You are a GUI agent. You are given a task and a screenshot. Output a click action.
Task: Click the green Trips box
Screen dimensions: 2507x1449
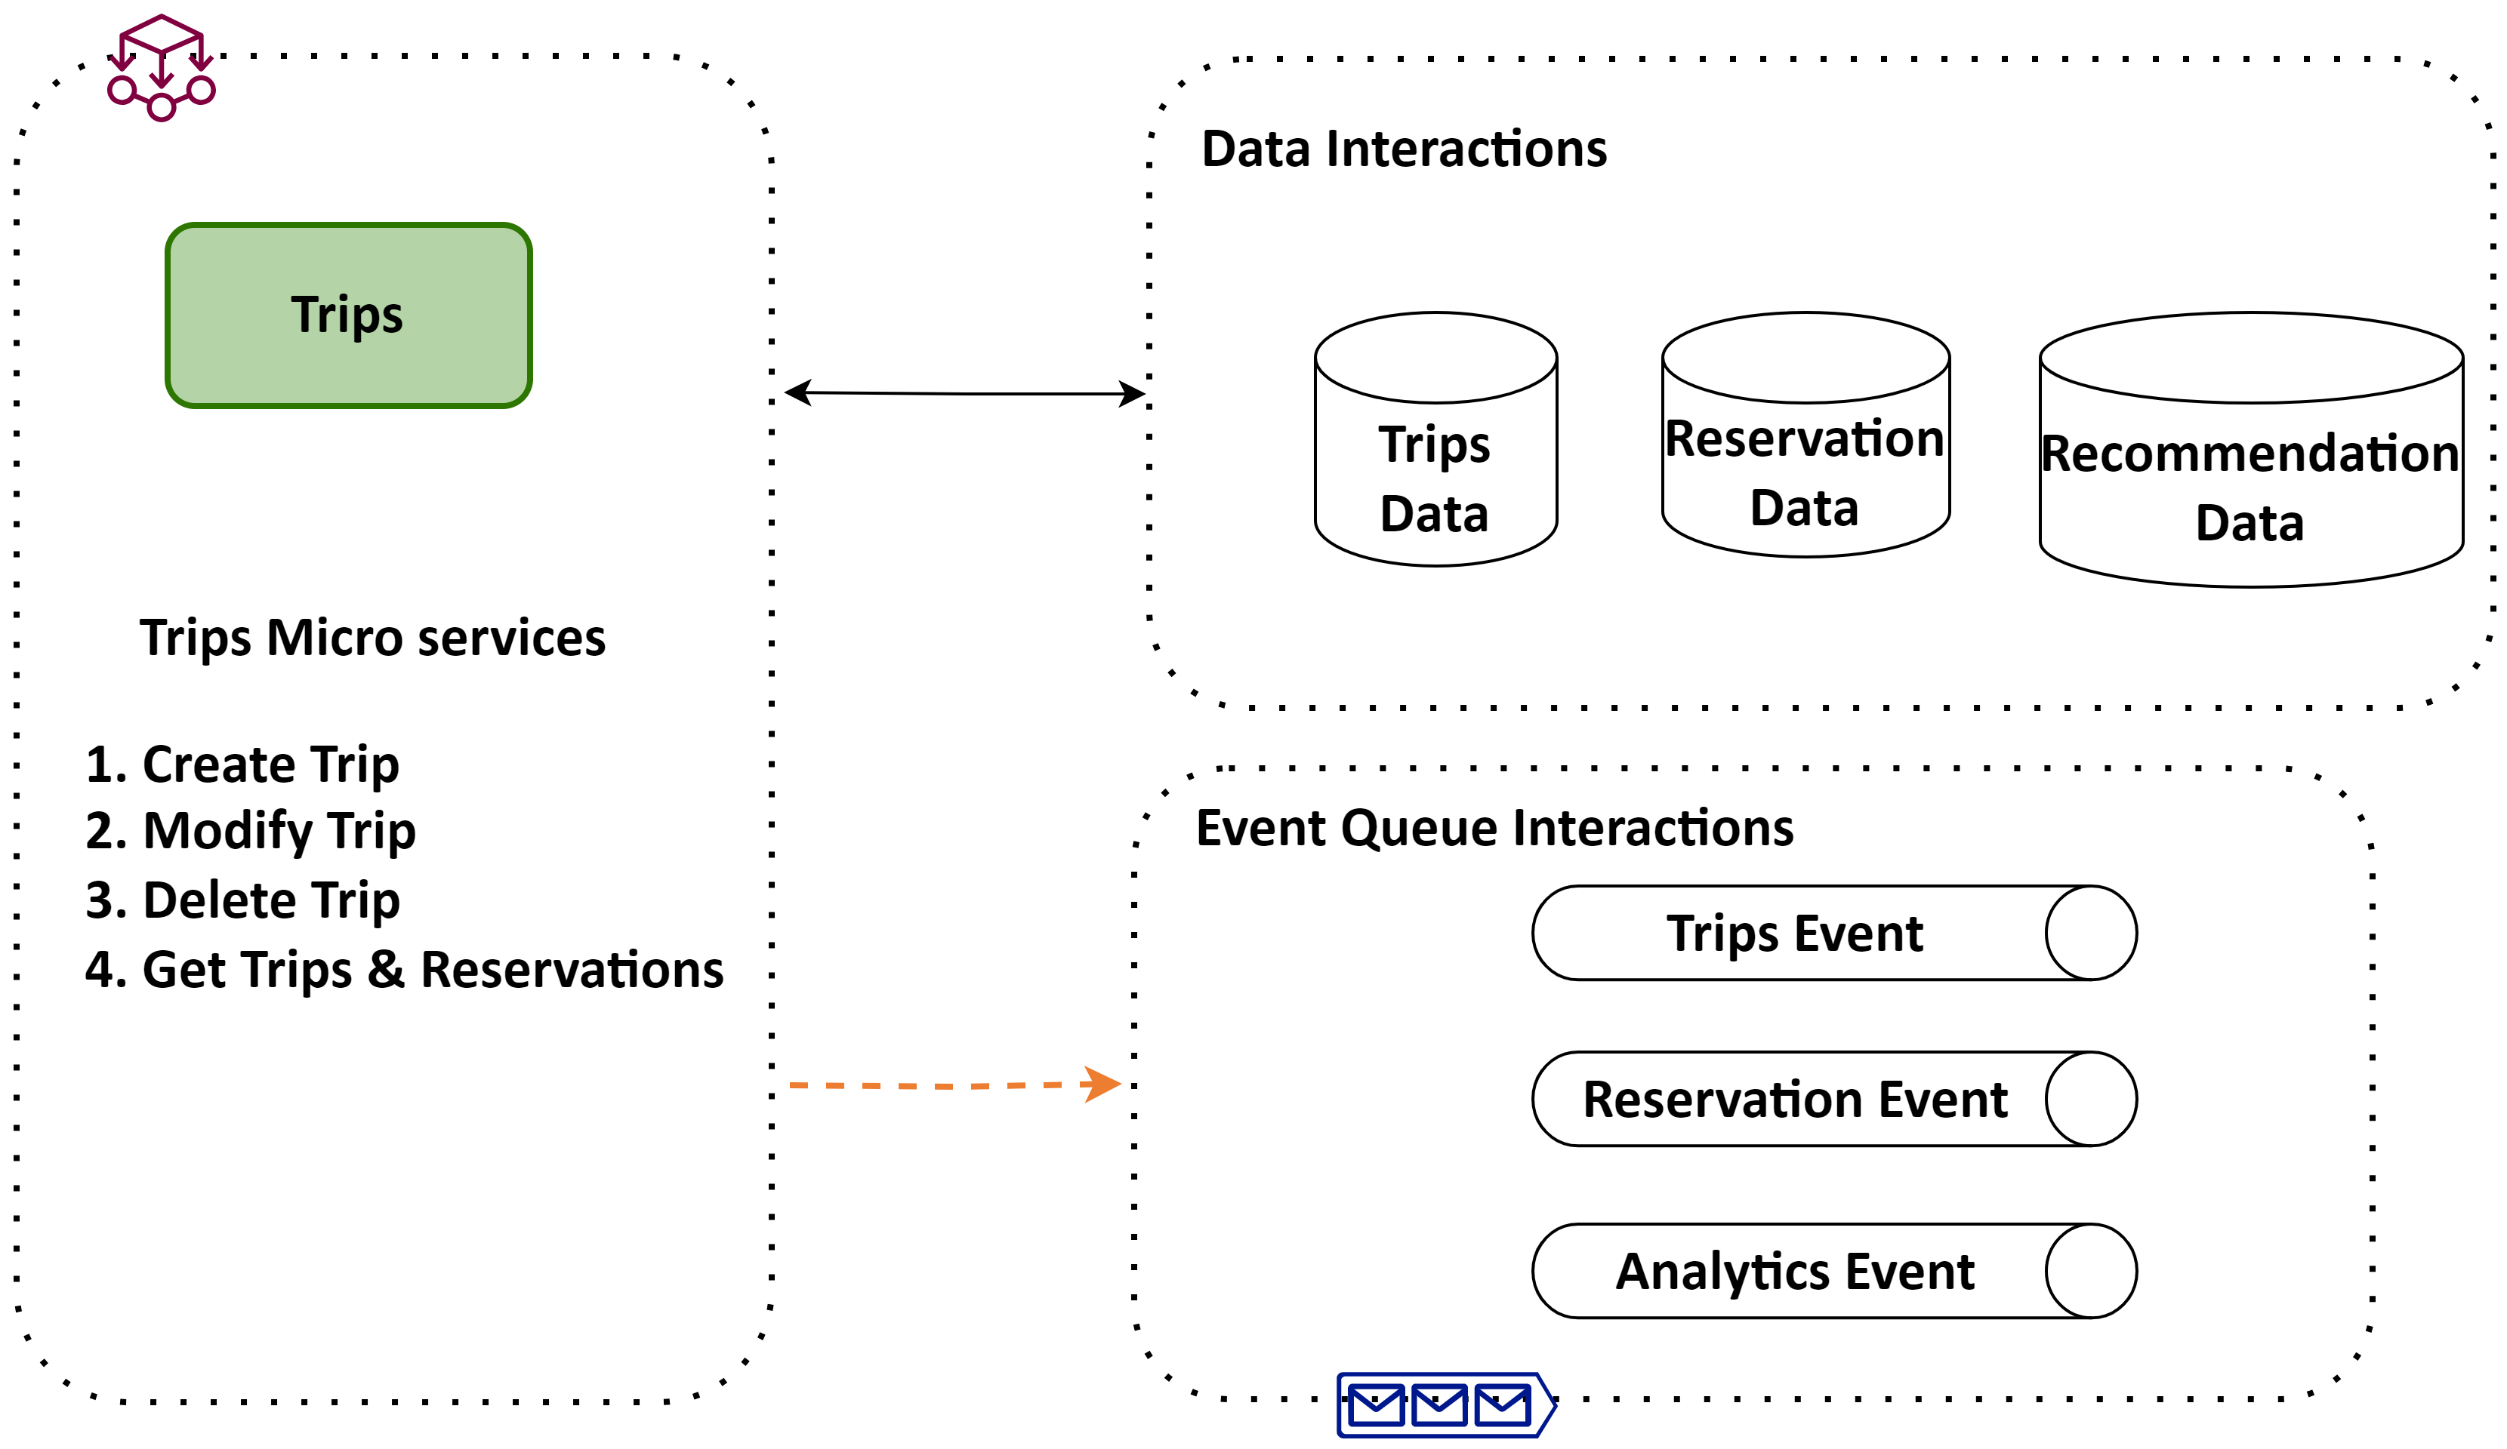(348, 315)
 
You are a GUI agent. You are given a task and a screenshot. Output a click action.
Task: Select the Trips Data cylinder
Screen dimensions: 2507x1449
(1435, 439)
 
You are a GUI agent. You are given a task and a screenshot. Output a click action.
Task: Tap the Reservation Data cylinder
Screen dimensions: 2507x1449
(1805, 435)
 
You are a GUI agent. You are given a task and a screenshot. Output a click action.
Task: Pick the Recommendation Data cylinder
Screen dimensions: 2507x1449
(2251, 450)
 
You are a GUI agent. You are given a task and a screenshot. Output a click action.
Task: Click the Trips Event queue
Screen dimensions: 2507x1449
(1834, 933)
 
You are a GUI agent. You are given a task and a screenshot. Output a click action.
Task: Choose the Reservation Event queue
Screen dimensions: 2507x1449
(1834, 1099)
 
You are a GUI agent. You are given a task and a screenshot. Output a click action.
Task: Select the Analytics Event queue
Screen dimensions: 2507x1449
(1834, 1271)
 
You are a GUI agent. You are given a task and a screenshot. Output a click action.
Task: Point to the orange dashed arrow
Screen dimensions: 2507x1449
(955, 1085)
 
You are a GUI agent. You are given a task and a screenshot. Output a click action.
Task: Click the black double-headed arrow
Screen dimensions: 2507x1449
(965, 394)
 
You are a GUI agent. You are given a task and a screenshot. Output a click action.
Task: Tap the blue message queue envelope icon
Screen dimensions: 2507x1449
(1447, 1404)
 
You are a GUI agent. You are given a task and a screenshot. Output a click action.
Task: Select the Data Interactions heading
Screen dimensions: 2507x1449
(1404, 149)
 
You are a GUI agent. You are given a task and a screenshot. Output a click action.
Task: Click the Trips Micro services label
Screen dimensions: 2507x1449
(372, 638)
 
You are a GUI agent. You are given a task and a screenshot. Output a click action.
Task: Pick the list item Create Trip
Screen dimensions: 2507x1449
(242, 764)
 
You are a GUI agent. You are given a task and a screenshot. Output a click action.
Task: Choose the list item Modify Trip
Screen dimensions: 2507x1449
(251, 832)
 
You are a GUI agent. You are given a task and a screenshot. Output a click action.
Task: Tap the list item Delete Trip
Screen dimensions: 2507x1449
(242, 900)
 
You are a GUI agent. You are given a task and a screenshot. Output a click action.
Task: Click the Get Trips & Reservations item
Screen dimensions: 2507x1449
(404, 970)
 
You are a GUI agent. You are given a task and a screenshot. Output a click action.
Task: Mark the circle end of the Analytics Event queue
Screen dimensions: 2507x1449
(2091, 1271)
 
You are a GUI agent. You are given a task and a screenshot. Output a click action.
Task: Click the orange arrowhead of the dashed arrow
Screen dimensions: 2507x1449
(1102, 1084)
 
